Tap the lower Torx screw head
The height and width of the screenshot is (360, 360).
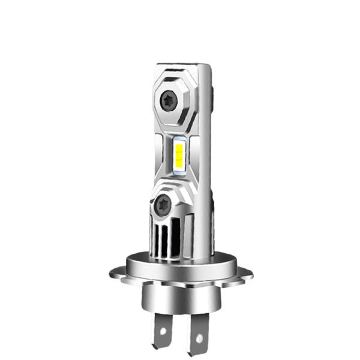coord(161,205)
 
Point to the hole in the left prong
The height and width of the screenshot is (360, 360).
coord(160,329)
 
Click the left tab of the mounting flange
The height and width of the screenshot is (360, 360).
coord(119,274)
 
